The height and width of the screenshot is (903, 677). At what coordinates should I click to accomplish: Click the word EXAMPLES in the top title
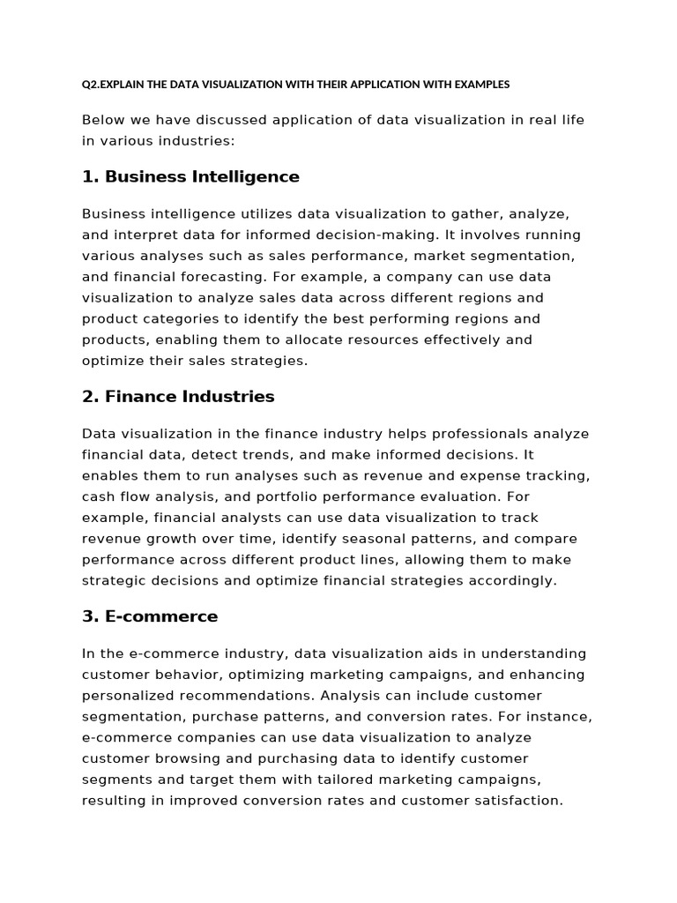tap(482, 85)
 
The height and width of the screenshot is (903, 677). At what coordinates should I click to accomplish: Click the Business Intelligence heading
tap(190, 176)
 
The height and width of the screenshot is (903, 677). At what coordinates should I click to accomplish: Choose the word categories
tap(185, 318)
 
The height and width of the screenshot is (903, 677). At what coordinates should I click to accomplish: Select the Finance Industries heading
tap(178, 397)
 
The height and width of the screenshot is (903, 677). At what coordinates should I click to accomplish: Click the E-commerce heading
tap(150, 616)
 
